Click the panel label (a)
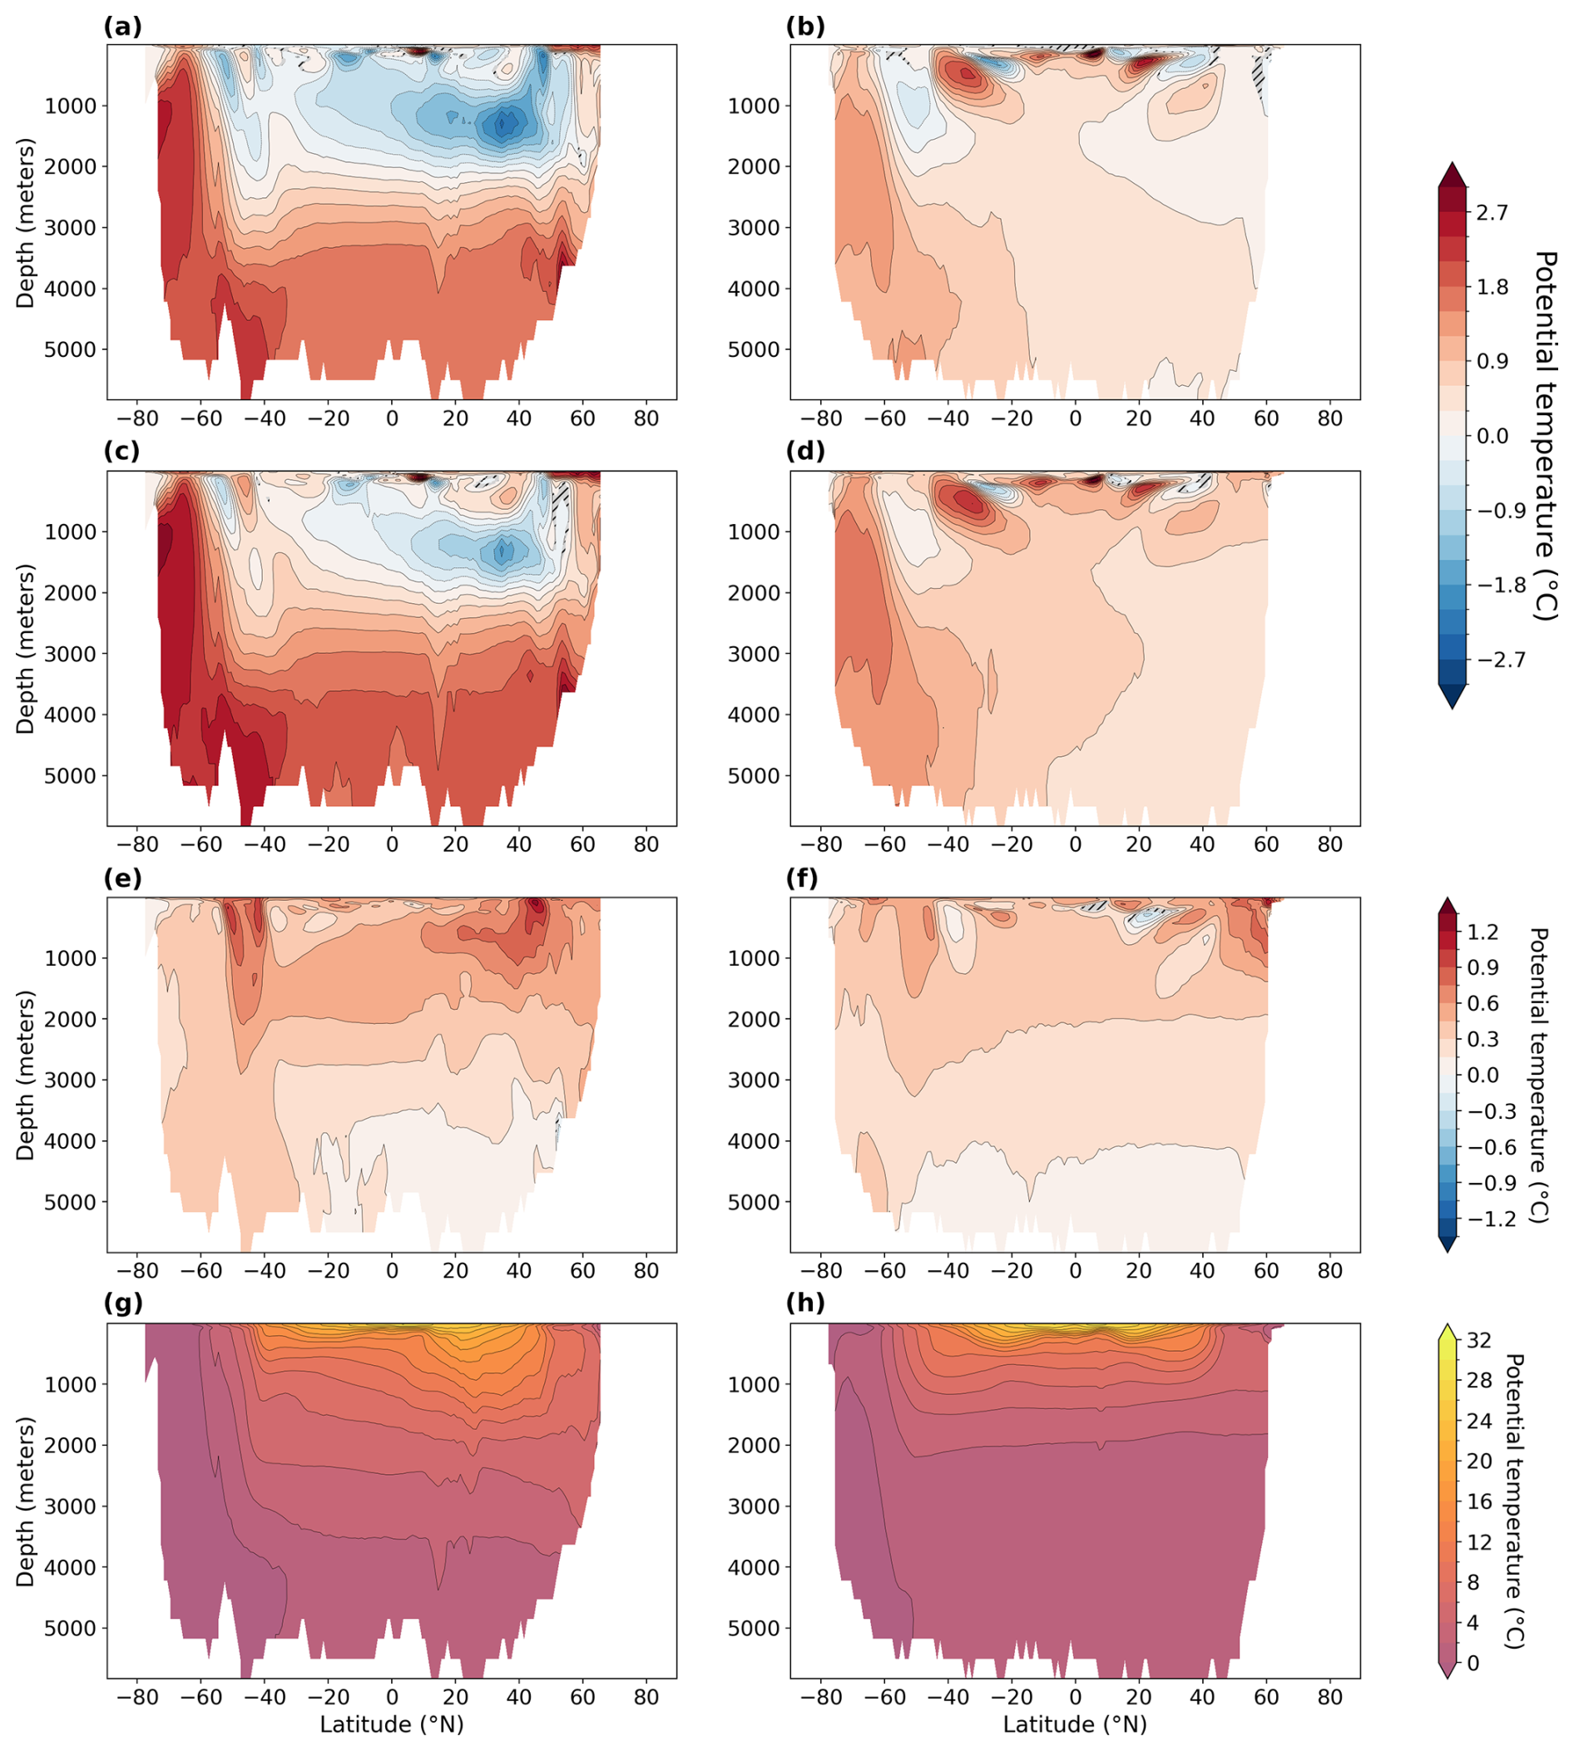pyautogui.click(x=122, y=27)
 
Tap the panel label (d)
pyautogui.click(x=805, y=453)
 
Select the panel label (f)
pyautogui.click(x=804, y=878)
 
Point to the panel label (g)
pyautogui.click(x=123, y=1303)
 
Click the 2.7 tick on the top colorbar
pyautogui.click(x=1491, y=213)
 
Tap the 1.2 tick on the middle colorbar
pyautogui.click(x=1482, y=932)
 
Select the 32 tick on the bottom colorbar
pyautogui.click(x=1480, y=1341)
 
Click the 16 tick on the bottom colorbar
pyautogui.click(x=1480, y=1502)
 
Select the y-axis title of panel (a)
pyautogui.click(x=26, y=222)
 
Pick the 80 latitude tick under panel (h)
pyautogui.click(x=1330, y=1699)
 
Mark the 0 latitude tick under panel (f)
pyautogui.click(x=1075, y=1270)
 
